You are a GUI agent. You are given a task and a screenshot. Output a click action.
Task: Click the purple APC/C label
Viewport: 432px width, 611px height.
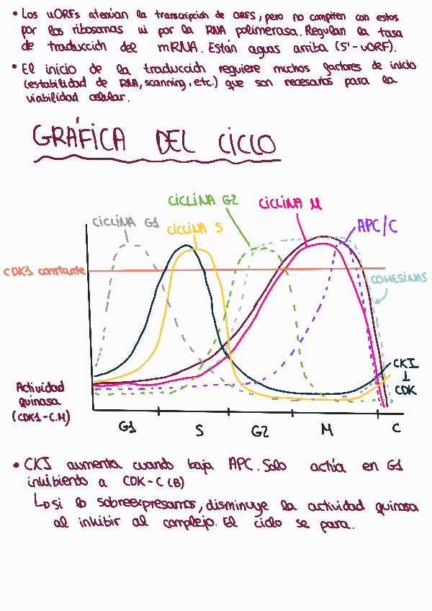click(x=377, y=226)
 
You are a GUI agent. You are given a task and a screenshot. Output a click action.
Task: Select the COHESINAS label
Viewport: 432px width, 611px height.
click(x=399, y=278)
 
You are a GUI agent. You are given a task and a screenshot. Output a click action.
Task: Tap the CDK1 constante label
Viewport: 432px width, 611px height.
click(x=45, y=272)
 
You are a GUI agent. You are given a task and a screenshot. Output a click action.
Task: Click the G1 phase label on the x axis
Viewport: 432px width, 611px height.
click(x=129, y=427)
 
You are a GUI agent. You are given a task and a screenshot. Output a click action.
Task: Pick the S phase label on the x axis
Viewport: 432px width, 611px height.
click(x=199, y=430)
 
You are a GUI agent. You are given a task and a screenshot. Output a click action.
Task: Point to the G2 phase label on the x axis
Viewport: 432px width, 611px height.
click(x=260, y=431)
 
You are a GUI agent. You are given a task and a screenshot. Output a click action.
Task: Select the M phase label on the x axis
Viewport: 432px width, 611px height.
click(x=327, y=430)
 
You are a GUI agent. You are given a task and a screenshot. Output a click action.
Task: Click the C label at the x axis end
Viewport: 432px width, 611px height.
click(x=395, y=428)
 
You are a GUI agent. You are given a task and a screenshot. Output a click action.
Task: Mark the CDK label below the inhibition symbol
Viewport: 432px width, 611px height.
click(x=405, y=390)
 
